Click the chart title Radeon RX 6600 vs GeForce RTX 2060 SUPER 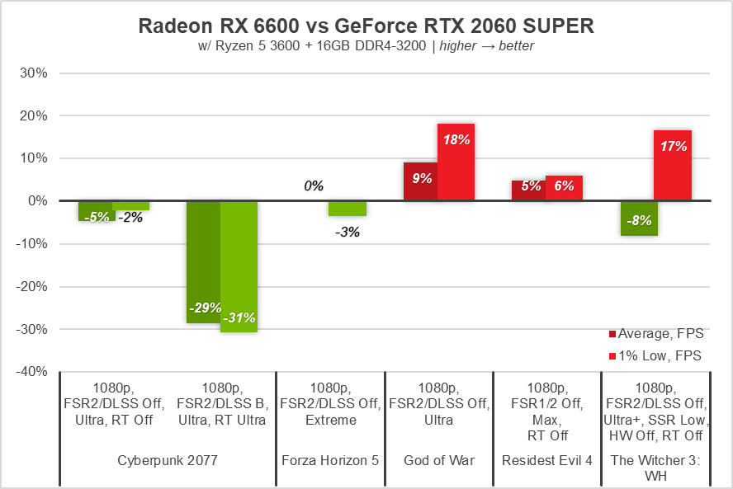click(x=366, y=26)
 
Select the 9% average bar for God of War click(x=420, y=181)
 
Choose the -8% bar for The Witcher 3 click(x=639, y=218)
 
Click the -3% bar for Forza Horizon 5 click(x=348, y=208)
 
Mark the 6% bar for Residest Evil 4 click(x=564, y=188)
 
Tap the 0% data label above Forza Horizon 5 click(x=314, y=186)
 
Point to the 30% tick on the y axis click(x=34, y=73)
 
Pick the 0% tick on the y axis click(x=37, y=201)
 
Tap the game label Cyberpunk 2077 click(x=167, y=460)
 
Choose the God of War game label click(x=437, y=460)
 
